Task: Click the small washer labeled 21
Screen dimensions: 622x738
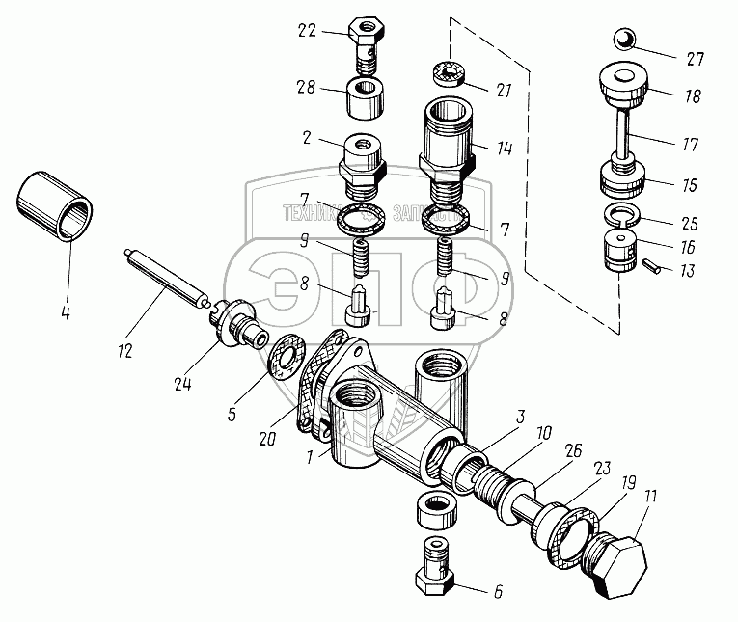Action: pos(450,71)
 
